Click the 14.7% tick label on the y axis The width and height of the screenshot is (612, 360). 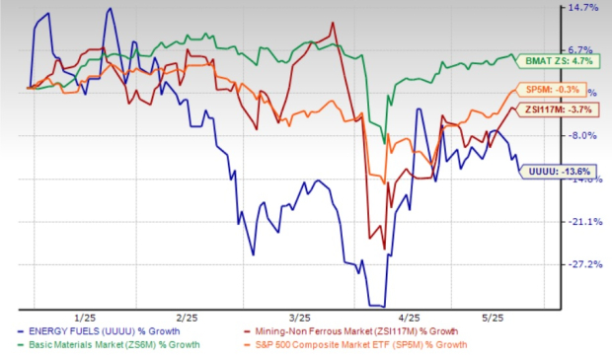point(583,8)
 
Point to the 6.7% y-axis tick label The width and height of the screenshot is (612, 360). point(583,50)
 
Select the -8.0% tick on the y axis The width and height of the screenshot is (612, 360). point(583,136)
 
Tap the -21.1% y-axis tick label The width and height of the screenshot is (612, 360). point(583,222)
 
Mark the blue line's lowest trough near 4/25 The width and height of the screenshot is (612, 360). point(376,306)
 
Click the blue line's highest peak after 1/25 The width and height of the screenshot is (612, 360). point(110,10)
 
